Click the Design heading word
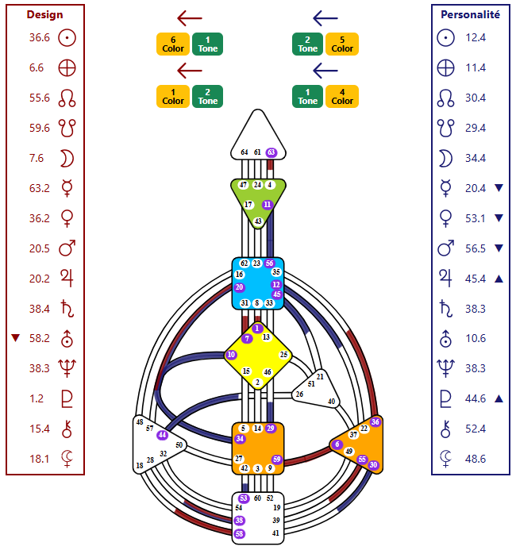click(44, 14)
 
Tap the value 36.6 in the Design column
click(40, 37)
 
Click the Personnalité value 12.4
click(476, 37)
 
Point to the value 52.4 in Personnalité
click(476, 429)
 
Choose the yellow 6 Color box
click(173, 44)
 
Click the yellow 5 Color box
click(342, 44)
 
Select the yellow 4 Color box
click(342, 96)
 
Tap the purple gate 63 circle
click(271, 152)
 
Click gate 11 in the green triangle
click(268, 204)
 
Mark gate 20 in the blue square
click(240, 287)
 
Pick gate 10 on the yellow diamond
click(231, 355)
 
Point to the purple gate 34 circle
click(240, 439)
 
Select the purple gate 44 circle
click(162, 435)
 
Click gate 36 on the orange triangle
click(375, 422)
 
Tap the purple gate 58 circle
click(240, 533)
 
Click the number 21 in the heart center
click(320, 376)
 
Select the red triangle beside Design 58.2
click(14, 338)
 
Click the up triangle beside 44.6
click(499, 398)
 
